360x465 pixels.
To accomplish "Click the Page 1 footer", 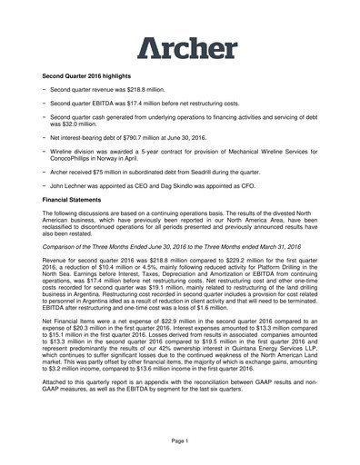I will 179,440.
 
